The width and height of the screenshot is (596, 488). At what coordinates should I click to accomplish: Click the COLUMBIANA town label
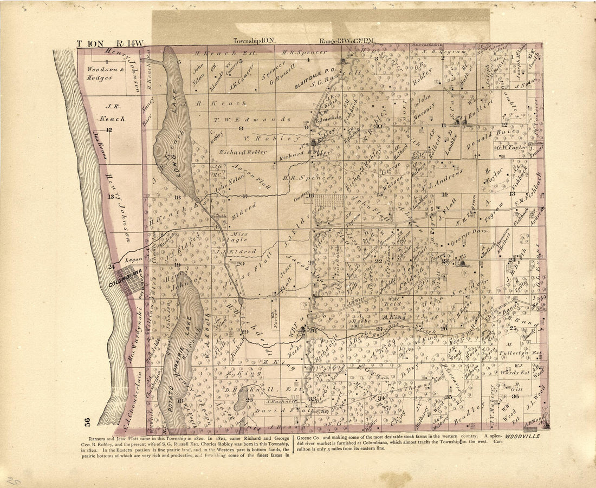(125, 282)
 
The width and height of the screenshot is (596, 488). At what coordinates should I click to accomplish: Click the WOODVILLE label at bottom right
(524, 436)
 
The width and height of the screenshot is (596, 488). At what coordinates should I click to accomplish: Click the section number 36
(514, 396)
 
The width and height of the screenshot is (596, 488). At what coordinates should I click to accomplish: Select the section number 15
(379, 193)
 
